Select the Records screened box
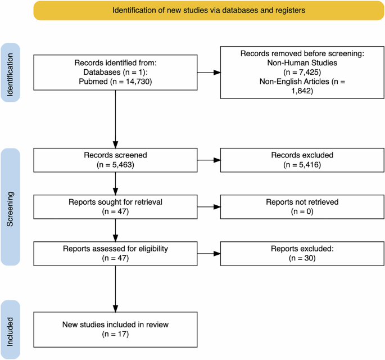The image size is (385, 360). pos(115,160)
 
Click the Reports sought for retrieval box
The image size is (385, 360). pos(115,206)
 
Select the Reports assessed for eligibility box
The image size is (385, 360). pos(115,253)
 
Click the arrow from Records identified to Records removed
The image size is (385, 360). pos(209,73)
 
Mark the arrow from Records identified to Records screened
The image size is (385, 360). pos(115,118)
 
